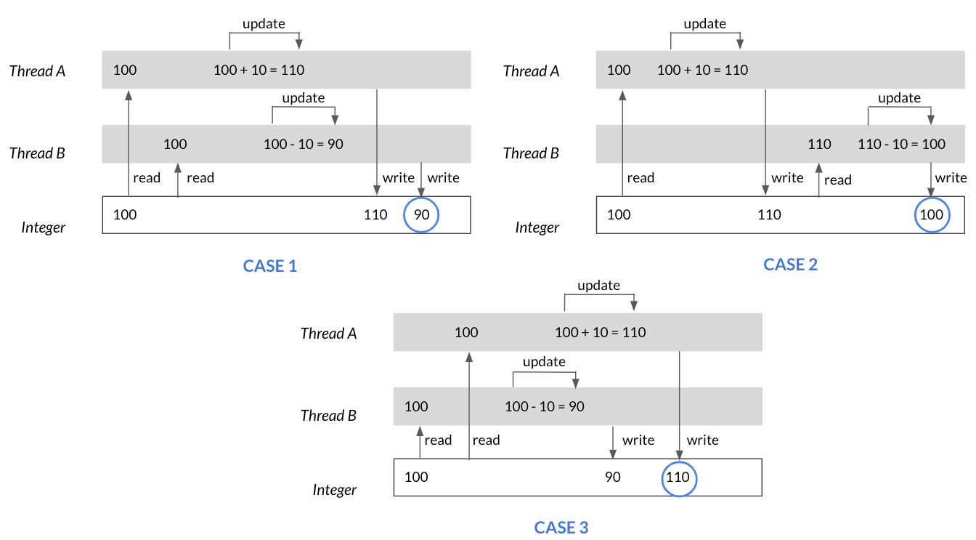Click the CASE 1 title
coord(269,265)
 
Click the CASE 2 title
coord(790,265)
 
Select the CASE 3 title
coord(561,528)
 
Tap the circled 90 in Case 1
coord(421,214)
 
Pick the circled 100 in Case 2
coord(932,214)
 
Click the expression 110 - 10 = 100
coord(901,144)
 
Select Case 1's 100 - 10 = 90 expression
coord(304,144)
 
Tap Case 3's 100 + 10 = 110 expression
coord(600,332)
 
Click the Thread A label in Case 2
coord(531,70)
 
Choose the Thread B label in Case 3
coord(328,415)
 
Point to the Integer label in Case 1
coord(43,227)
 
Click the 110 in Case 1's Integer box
coord(375,214)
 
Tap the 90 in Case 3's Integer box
coord(613,477)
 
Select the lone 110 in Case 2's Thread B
coord(819,144)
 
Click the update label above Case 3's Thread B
coord(544,362)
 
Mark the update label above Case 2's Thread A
coord(704,23)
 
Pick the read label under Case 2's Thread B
coord(837,180)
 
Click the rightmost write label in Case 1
coord(443,177)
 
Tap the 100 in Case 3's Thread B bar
coord(416,406)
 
